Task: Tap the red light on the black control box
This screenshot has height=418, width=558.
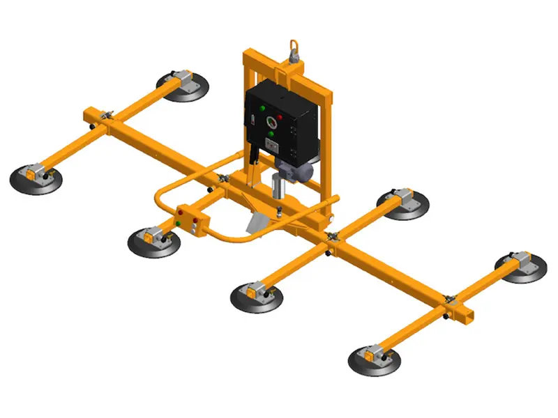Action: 280,115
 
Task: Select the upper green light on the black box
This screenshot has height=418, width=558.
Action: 263,109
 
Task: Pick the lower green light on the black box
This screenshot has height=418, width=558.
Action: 271,134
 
